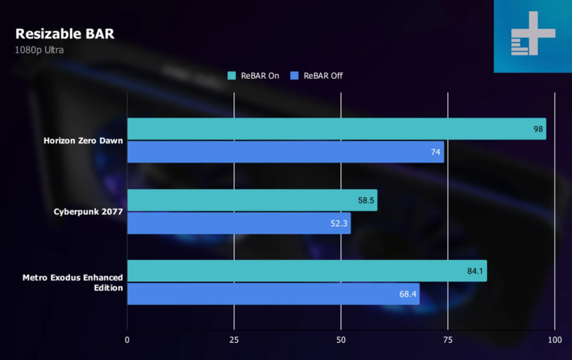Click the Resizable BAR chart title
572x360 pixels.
(x=65, y=34)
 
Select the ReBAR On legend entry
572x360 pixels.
(x=254, y=76)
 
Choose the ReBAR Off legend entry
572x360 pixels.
(x=317, y=76)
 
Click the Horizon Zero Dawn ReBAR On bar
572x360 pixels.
(x=336, y=128)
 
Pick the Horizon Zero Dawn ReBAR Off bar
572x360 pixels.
(x=285, y=152)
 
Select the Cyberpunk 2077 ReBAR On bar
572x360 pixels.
(x=252, y=200)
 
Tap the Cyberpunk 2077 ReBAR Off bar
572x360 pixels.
(x=239, y=223)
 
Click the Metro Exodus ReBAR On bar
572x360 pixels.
(x=307, y=271)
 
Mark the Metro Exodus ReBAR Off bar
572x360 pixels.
(x=273, y=294)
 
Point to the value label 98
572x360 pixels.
(x=538, y=129)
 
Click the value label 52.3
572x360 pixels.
(x=340, y=224)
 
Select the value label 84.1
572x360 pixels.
(x=475, y=271)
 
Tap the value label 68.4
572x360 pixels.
(x=408, y=295)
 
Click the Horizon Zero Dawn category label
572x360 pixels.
(x=83, y=141)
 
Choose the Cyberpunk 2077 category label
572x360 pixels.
(x=88, y=212)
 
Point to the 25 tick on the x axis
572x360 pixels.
(x=234, y=339)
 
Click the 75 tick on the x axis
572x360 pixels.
(x=448, y=339)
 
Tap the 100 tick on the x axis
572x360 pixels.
(x=554, y=339)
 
